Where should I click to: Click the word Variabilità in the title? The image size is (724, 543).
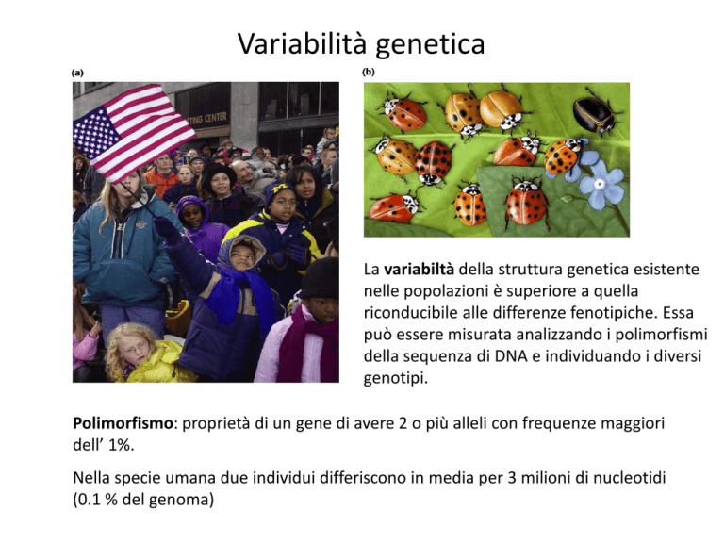tap(303, 44)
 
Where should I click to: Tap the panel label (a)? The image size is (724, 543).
tap(77, 73)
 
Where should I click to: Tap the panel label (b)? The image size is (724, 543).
tap(369, 72)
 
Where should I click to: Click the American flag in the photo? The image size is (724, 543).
tap(133, 133)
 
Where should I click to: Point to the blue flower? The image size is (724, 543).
tap(601, 184)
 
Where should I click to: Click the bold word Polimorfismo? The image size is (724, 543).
tap(123, 423)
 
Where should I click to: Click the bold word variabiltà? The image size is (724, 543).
tap(419, 270)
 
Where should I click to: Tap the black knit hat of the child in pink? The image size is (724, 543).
tap(320, 280)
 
